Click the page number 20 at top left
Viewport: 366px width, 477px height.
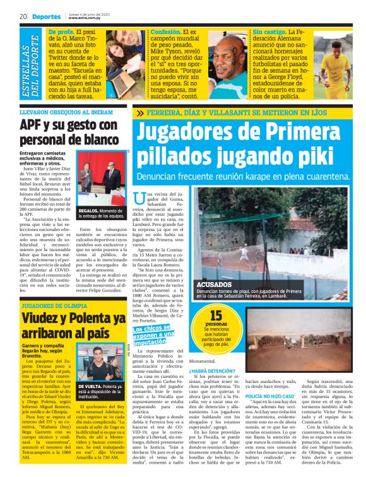click(x=23, y=16)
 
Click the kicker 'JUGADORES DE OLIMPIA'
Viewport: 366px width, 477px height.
click(x=53, y=305)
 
